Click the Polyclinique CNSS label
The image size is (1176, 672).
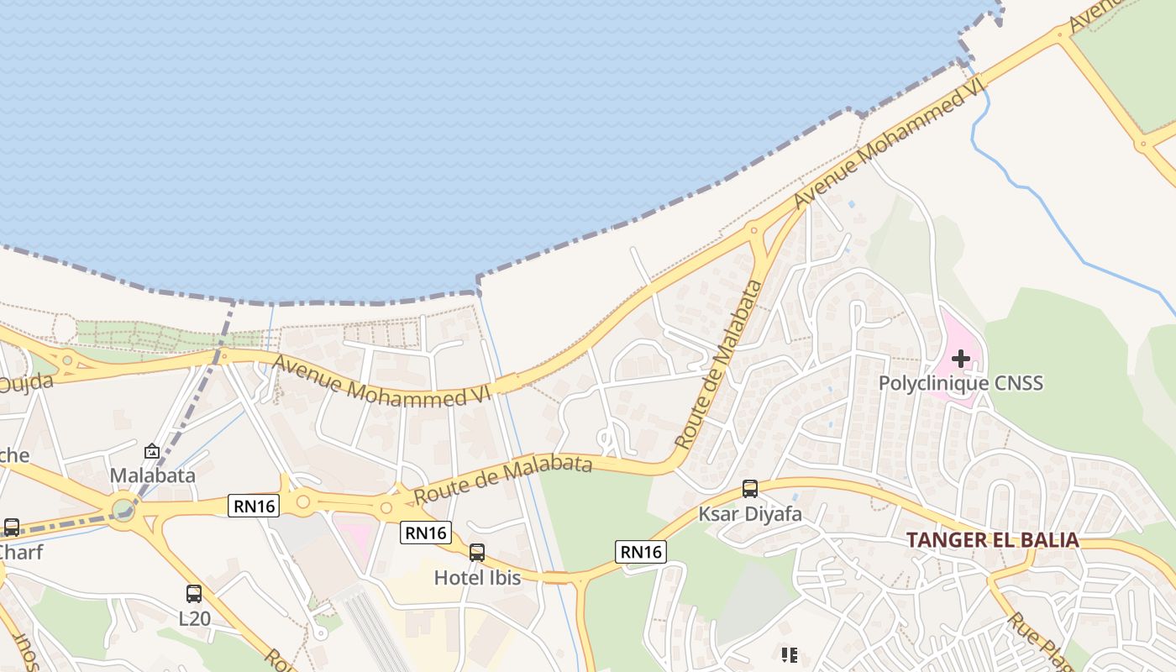(x=961, y=384)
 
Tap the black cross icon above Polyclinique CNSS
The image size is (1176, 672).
(x=961, y=360)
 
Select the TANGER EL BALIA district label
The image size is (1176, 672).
(x=993, y=540)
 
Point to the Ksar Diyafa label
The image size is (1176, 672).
(x=750, y=513)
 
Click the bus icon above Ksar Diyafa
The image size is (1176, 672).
(x=750, y=489)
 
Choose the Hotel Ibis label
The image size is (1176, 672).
(x=477, y=578)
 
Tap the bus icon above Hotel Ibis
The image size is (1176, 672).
(x=477, y=553)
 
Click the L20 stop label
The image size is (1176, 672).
(x=194, y=620)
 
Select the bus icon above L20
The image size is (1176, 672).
(x=194, y=594)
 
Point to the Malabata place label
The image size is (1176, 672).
(x=153, y=475)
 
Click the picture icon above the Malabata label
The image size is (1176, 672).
(x=152, y=452)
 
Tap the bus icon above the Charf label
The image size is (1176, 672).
(x=12, y=528)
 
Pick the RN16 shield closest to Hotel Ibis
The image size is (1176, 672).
(x=426, y=532)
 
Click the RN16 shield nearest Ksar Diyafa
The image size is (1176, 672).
(x=642, y=551)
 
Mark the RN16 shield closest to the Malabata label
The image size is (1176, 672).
(x=254, y=505)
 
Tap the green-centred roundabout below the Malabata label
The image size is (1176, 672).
(x=123, y=509)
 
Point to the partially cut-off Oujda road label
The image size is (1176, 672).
(x=25, y=385)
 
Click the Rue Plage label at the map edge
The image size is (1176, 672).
(x=1038, y=643)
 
